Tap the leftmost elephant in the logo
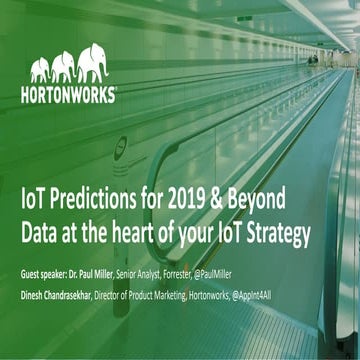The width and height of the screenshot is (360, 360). pos(40,70)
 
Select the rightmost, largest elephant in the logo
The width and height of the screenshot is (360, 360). pos(94,61)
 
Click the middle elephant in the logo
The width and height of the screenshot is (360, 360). pos(63,66)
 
